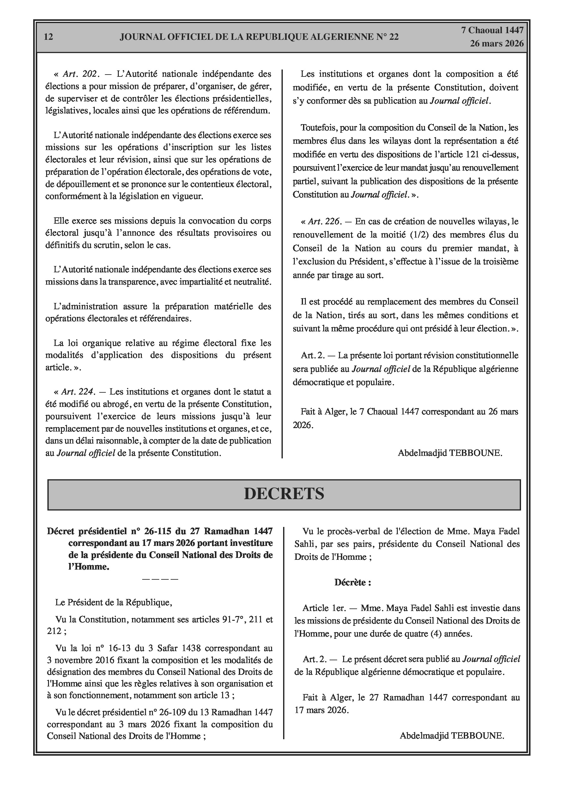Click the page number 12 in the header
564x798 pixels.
(x=49, y=37)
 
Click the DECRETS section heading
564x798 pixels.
(x=284, y=494)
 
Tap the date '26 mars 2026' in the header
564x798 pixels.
(x=497, y=44)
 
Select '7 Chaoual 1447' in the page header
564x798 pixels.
(x=492, y=30)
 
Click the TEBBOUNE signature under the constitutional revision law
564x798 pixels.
(x=450, y=453)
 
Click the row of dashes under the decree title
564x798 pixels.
(x=160, y=579)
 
